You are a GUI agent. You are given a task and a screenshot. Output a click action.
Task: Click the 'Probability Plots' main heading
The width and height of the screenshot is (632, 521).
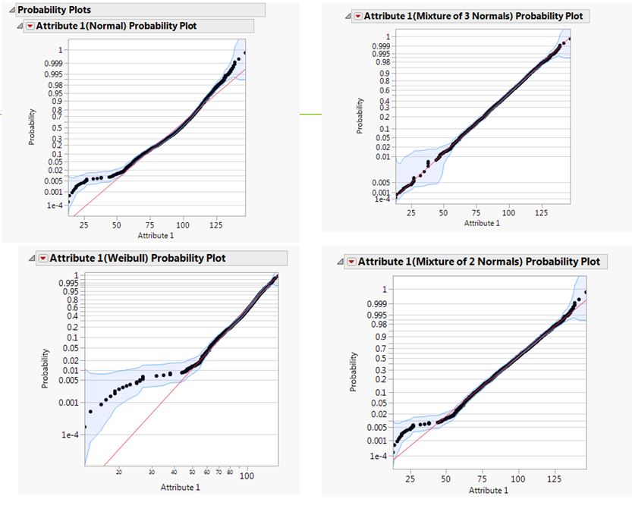pos(56,10)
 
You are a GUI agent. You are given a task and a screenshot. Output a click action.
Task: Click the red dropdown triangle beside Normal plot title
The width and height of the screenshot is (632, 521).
pos(30,26)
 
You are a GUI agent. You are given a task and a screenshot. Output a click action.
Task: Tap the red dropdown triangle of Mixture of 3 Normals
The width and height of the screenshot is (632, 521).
pos(357,16)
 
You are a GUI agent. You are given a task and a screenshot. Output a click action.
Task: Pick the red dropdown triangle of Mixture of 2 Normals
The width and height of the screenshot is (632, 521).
pos(351,262)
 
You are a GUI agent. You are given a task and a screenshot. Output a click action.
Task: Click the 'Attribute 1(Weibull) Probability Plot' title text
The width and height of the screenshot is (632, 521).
pos(140,258)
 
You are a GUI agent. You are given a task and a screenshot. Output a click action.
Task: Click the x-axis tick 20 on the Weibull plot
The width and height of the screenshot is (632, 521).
pos(119,473)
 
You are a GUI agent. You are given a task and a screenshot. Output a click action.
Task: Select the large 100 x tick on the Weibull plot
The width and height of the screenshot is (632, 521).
pos(246,475)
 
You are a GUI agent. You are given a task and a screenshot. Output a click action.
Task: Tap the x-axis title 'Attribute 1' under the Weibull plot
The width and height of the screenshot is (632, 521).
pos(180,487)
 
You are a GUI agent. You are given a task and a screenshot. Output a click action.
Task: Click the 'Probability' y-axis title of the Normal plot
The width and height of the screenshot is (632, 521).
pos(33,130)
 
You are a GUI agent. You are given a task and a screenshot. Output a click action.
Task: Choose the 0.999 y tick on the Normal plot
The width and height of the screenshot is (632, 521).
pos(53,64)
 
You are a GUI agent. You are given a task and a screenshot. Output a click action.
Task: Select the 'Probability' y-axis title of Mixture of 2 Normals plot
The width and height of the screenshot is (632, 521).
pos(354,371)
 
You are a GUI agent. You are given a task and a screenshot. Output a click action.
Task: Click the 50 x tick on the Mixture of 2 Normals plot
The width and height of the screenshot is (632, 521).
pos(446,479)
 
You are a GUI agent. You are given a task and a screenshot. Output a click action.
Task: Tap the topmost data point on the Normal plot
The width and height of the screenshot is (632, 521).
pos(244,53)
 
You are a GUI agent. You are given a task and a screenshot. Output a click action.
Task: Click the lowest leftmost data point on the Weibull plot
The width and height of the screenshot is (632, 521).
pos(85,427)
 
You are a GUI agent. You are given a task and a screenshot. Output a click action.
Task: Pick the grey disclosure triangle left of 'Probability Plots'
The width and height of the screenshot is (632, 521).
pos(11,10)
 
